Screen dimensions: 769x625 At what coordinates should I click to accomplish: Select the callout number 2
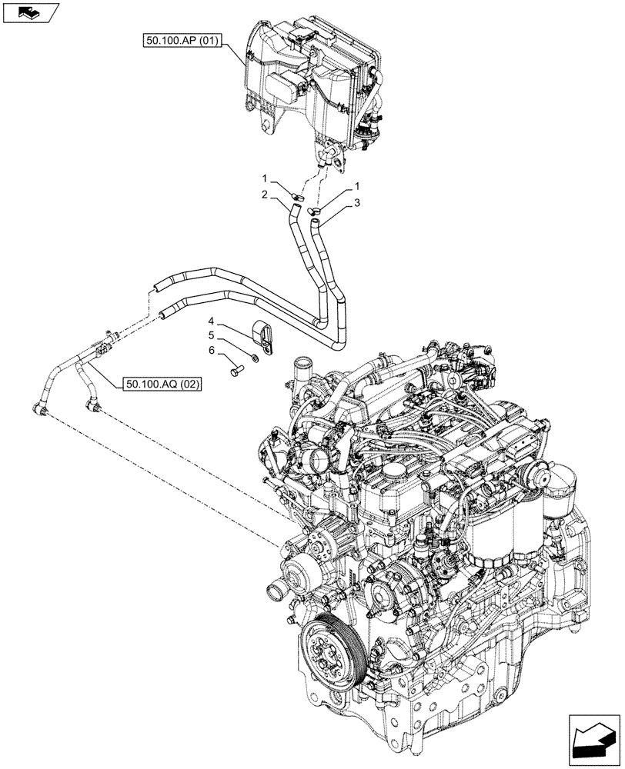click(x=263, y=195)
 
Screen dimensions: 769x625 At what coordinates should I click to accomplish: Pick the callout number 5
click(x=209, y=335)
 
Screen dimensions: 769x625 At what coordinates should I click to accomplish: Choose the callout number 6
click(x=209, y=351)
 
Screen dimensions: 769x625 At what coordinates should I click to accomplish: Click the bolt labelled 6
click(x=234, y=371)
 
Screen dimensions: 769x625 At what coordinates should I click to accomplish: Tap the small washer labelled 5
click(x=254, y=358)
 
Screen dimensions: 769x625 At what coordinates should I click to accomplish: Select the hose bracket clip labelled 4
click(x=264, y=339)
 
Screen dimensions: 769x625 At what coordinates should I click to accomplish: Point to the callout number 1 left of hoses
click(x=263, y=178)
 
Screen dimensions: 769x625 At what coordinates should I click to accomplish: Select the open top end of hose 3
click(x=315, y=222)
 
